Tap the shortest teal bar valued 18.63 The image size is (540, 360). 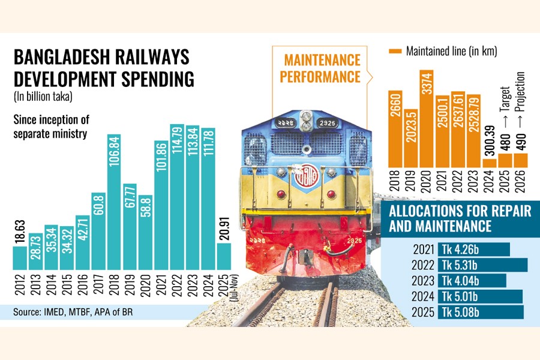(x=20, y=258)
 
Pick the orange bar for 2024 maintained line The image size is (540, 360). (x=490, y=163)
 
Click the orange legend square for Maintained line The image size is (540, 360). (x=395, y=51)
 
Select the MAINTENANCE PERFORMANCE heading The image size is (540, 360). (x=322, y=68)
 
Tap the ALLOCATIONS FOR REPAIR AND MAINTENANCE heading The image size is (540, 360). (x=440, y=219)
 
